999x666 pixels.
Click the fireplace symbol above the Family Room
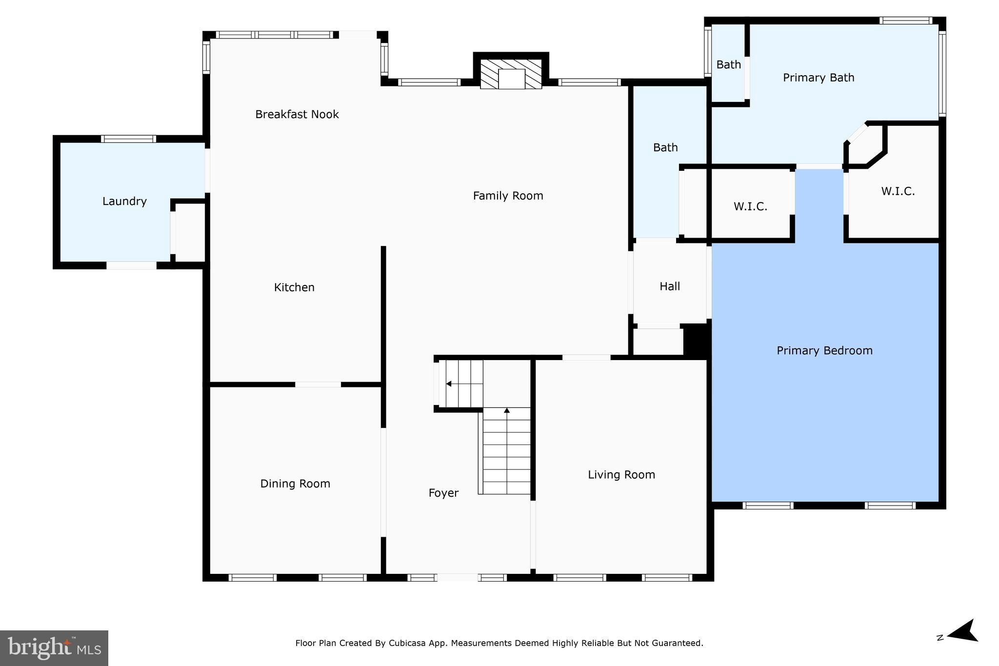[x=511, y=75]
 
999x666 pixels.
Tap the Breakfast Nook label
[x=297, y=114]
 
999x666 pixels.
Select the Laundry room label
[x=124, y=201]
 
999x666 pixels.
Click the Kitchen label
[x=294, y=287]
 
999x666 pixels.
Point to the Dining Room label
[x=295, y=484]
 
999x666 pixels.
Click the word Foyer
[x=443, y=493]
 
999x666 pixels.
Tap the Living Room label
[x=621, y=475]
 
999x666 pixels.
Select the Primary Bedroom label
[x=824, y=350]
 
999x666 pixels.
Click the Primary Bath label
[x=819, y=78]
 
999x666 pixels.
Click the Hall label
[x=669, y=286]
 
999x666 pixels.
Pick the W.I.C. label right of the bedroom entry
[x=898, y=191]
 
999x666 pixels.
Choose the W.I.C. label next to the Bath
[x=750, y=206]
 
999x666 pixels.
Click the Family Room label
[x=508, y=196]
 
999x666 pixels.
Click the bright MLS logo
[x=54, y=648]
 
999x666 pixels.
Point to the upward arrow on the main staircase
[x=507, y=411]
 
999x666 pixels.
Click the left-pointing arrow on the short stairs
[x=448, y=384]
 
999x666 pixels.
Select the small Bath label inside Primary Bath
[x=728, y=64]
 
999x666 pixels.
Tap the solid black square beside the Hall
[x=696, y=340]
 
